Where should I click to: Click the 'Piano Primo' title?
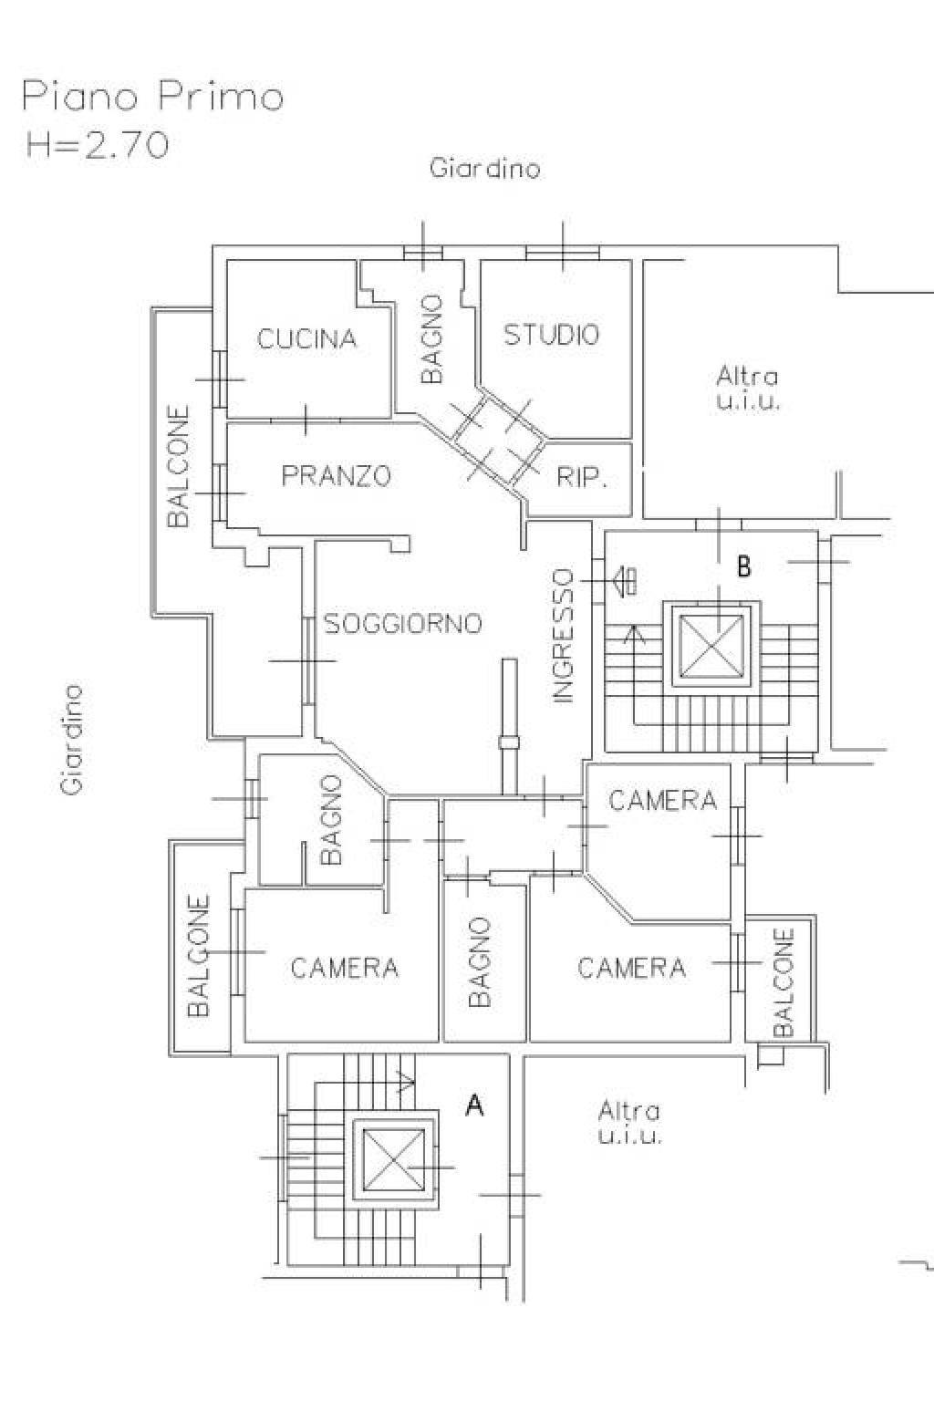(153, 99)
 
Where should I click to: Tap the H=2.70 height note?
(98, 146)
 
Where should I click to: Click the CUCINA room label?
(306, 339)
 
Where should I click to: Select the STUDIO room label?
(552, 334)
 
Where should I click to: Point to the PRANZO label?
(336, 476)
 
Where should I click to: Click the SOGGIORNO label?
(403, 624)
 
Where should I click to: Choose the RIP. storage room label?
(581, 479)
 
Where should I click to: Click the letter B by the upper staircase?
(743, 566)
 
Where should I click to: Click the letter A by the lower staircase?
(475, 1106)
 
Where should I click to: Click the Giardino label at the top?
(485, 169)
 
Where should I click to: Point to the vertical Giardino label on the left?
(72, 740)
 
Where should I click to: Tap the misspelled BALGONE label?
(198, 956)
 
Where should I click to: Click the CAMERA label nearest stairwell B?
(662, 801)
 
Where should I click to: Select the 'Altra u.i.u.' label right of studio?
(748, 388)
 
